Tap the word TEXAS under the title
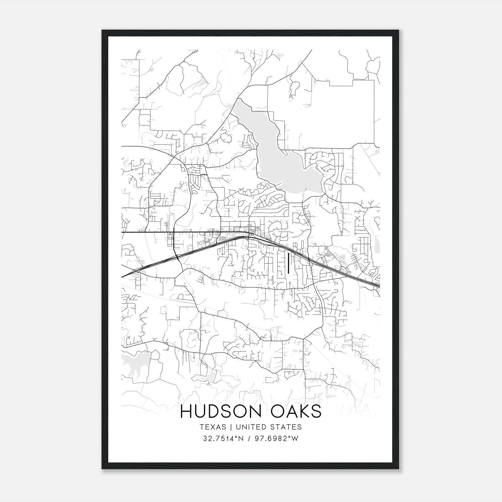[212, 427]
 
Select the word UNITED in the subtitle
[249, 427]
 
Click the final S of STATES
[300, 427]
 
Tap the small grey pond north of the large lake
[294, 88]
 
